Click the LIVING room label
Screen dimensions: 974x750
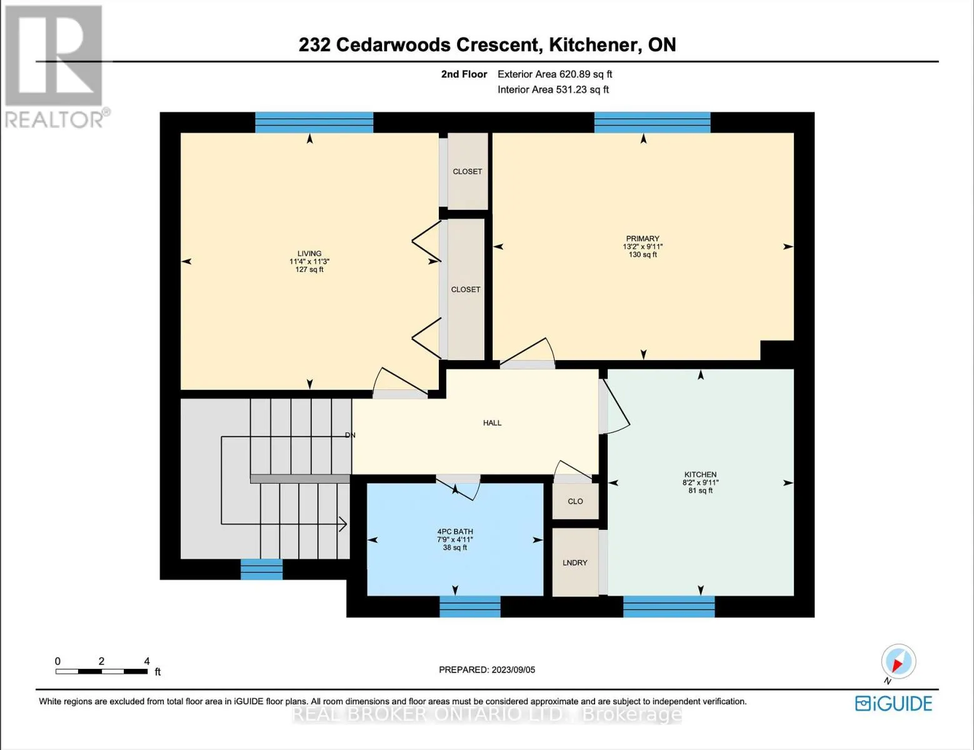[309, 254]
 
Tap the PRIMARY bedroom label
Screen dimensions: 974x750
[643, 239]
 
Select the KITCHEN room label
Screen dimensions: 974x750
[700, 474]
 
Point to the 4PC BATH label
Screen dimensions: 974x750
[455, 532]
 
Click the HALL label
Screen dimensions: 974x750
[492, 422]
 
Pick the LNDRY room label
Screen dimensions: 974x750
[575, 562]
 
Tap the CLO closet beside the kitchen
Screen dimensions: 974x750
[576, 501]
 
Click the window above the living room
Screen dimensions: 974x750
[314, 122]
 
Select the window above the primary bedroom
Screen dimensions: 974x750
[652, 122]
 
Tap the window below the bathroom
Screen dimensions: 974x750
[469, 607]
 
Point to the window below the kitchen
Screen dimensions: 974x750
[669, 607]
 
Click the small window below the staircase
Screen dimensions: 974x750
[262, 569]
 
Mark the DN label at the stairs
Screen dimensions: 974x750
[350, 435]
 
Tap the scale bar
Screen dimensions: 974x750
[102, 671]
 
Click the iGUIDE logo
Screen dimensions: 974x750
[894, 704]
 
